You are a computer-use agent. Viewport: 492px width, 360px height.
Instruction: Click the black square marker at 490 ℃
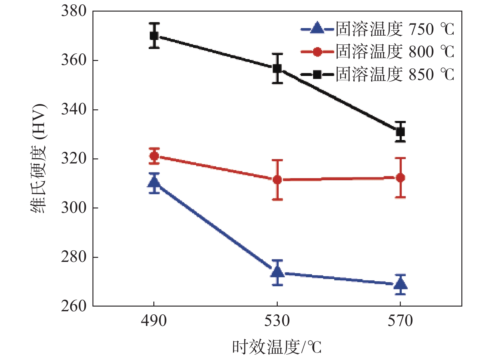tap(154, 36)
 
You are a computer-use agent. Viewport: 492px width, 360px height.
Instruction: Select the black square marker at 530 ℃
tap(277, 68)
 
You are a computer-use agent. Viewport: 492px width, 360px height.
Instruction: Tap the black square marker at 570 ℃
tap(400, 132)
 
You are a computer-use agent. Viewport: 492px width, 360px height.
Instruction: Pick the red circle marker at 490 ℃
tap(154, 156)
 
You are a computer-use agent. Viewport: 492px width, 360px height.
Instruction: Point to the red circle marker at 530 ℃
tap(277, 180)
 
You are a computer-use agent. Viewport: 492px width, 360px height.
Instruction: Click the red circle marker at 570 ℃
tap(400, 178)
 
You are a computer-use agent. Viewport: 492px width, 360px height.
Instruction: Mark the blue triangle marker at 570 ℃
tap(400, 284)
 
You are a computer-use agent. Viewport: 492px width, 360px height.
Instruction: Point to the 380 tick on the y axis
tap(74, 11)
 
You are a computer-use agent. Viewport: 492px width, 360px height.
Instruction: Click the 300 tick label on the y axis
tap(74, 208)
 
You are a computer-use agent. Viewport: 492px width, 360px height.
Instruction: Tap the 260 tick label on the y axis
tap(74, 306)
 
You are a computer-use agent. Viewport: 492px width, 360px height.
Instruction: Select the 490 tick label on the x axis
tap(154, 321)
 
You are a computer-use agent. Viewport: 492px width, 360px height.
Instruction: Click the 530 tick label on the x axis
tap(277, 321)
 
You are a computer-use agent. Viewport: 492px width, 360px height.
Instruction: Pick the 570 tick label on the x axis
tap(400, 321)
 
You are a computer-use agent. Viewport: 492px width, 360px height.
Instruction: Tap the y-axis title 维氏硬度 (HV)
tap(39, 158)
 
